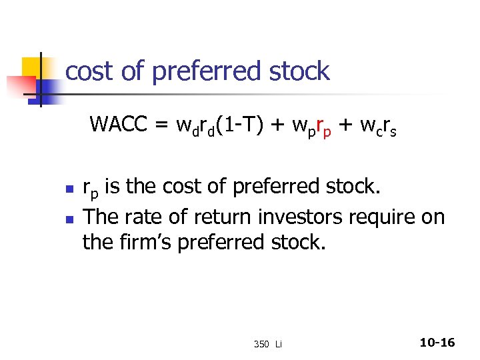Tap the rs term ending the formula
click(x=388, y=127)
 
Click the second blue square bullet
click(x=68, y=217)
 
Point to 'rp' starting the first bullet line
click(x=90, y=189)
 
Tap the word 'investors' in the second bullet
click(x=292, y=216)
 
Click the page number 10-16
click(x=437, y=343)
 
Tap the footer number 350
click(x=261, y=344)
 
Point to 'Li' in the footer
click(x=279, y=344)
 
